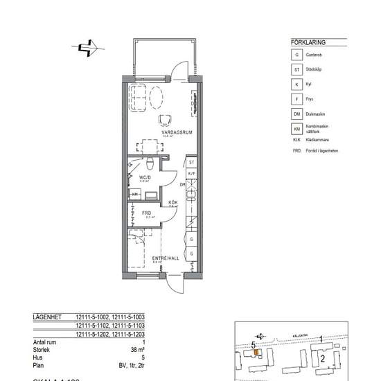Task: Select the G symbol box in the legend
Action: [297, 54]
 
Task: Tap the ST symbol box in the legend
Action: [297, 69]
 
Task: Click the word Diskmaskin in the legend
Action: [321, 114]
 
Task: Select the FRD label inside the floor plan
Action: [147, 213]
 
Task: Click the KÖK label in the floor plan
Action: [173, 202]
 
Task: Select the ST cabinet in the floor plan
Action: [192, 163]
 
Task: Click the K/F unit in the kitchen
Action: [192, 174]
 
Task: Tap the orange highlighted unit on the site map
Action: [256, 352]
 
